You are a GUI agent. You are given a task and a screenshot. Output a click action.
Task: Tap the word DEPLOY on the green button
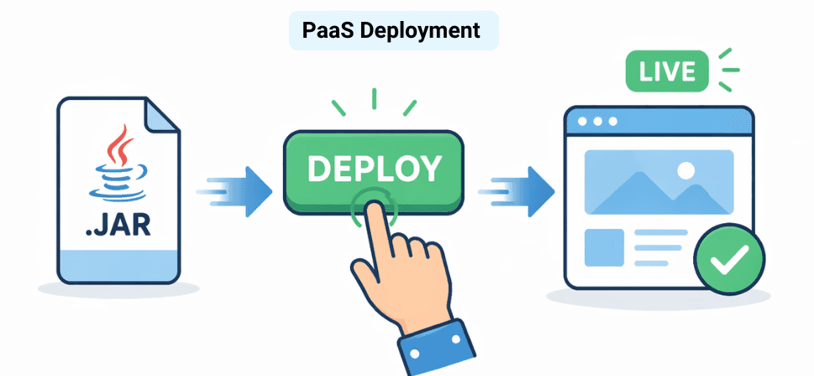point(373,168)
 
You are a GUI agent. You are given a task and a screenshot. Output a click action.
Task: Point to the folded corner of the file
point(160,113)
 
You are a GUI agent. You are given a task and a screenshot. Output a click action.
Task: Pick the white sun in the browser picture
point(685,170)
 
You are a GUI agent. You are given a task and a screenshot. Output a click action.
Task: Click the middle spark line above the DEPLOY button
point(374,98)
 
